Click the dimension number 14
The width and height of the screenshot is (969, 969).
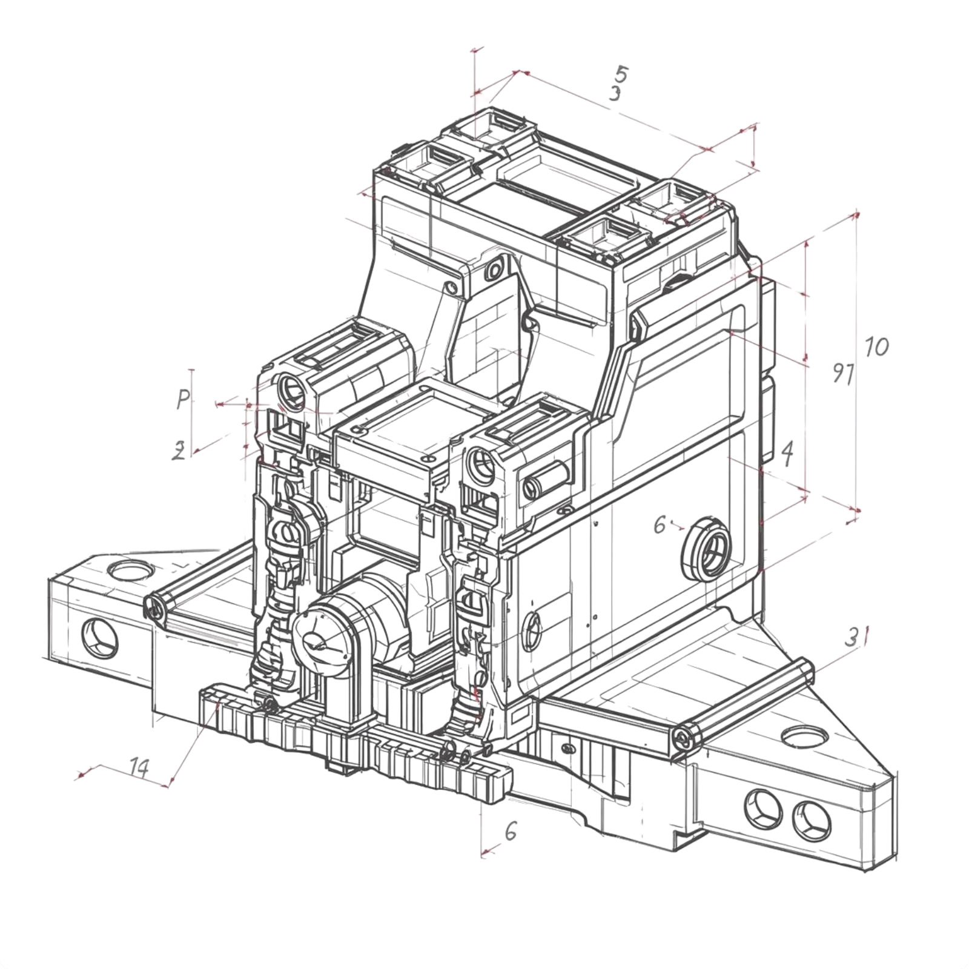(139, 767)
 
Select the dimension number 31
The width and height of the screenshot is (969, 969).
(858, 637)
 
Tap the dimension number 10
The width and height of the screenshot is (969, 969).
(876, 347)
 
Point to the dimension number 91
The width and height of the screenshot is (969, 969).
(842, 374)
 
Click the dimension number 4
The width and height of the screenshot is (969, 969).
(787, 452)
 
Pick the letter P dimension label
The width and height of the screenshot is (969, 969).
(183, 399)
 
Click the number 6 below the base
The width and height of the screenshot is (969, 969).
(511, 832)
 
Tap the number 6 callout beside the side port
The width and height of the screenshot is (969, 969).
(660, 524)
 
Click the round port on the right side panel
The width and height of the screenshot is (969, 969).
(706, 549)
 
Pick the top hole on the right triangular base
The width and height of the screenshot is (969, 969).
(805, 737)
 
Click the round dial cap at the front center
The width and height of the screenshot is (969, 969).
(321, 641)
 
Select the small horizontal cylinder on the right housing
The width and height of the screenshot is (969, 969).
(545, 478)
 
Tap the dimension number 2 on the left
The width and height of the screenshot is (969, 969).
(179, 451)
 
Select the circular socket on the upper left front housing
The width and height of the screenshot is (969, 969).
(291, 389)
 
